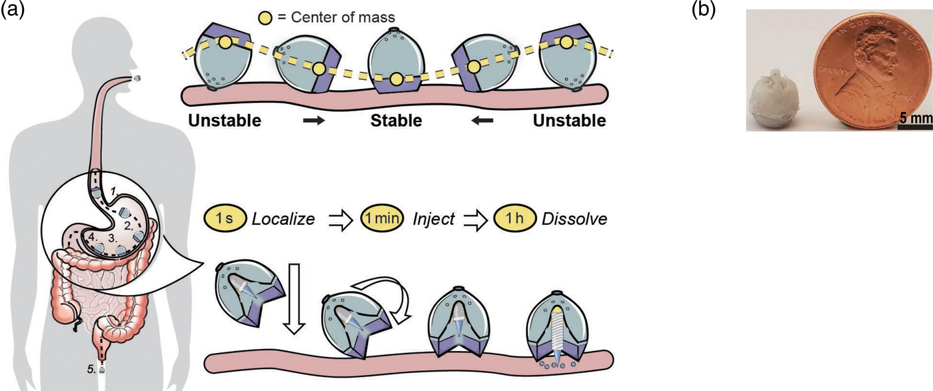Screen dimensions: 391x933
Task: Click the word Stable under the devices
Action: [396, 121]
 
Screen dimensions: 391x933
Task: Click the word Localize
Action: [283, 218]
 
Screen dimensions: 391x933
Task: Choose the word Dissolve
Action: [574, 218]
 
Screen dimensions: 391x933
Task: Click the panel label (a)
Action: [14, 9]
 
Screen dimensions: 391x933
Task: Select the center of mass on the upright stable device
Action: [397, 79]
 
